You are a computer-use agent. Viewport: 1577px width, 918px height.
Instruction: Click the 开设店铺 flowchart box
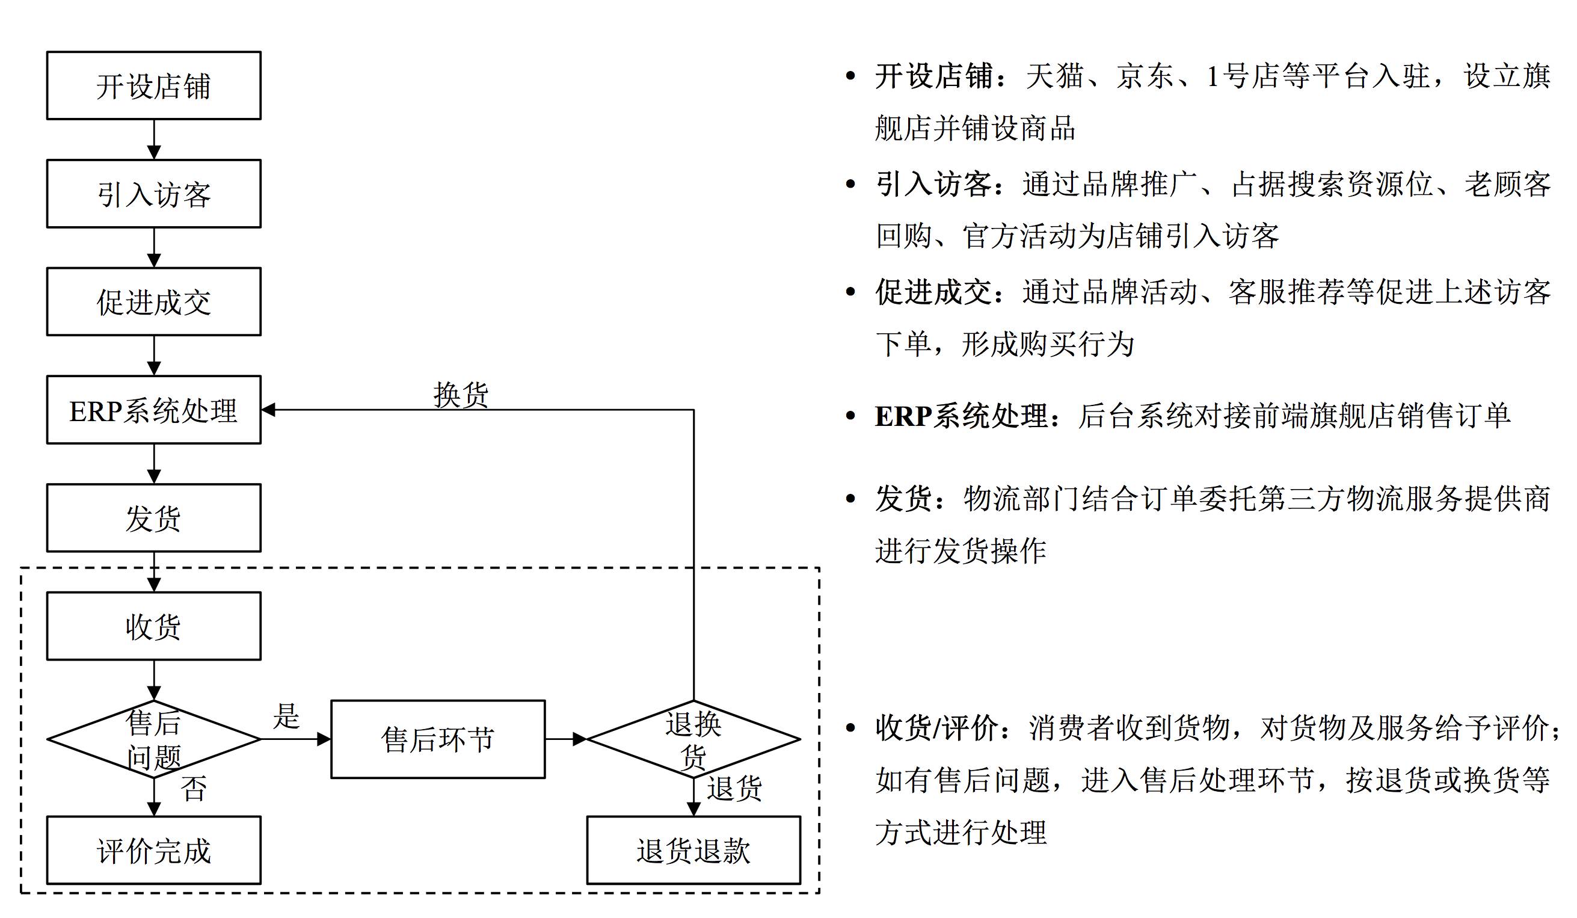click(x=154, y=86)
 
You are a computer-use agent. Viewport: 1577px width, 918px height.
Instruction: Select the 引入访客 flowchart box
click(x=154, y=194)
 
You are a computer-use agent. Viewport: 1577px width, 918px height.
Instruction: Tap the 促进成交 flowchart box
click(x=154, y=301)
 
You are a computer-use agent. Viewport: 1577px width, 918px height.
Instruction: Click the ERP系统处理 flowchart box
click(x=154, y=410)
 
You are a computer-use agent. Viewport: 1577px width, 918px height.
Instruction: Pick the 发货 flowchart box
click(x=154, y=518)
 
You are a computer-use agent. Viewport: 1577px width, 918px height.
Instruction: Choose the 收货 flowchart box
click(x=154, y=626)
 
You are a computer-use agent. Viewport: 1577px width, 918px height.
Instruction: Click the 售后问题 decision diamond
click(x=154, y=739)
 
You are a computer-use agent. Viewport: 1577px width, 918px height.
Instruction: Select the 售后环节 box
click(x=438, y=739)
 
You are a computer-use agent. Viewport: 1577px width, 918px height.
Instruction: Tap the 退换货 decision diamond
click(x=693, y=739)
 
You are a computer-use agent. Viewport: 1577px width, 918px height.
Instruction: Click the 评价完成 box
click(x=154, y=851)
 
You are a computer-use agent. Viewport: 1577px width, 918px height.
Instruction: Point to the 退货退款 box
click(x=693, y=851)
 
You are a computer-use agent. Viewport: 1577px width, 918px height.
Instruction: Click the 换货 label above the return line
click(x=461, y=395)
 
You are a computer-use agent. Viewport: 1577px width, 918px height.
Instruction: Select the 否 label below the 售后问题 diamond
click(x=194, y=789)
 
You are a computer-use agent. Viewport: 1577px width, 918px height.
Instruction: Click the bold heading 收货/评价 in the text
click(x=936, y=728)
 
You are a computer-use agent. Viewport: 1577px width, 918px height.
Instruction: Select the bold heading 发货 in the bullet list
click(x=903, y=499)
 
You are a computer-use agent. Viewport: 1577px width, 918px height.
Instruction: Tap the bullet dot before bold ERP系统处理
click(x=850, y=416)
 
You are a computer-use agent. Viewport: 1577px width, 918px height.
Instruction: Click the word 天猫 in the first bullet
click(x=1054, y=76)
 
